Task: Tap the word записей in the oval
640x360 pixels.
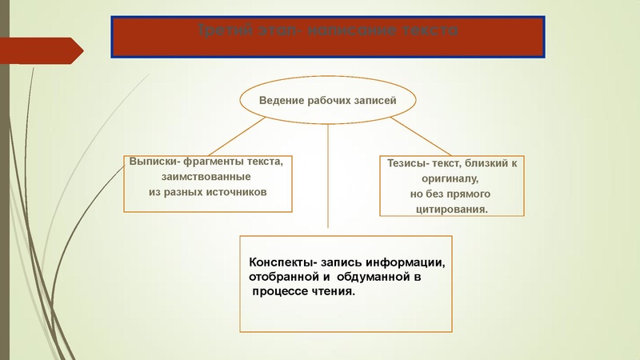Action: tap(376, 101)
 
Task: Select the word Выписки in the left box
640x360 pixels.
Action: tap(150, 161)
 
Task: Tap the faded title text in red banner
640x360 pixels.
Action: tap(327, 30)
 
